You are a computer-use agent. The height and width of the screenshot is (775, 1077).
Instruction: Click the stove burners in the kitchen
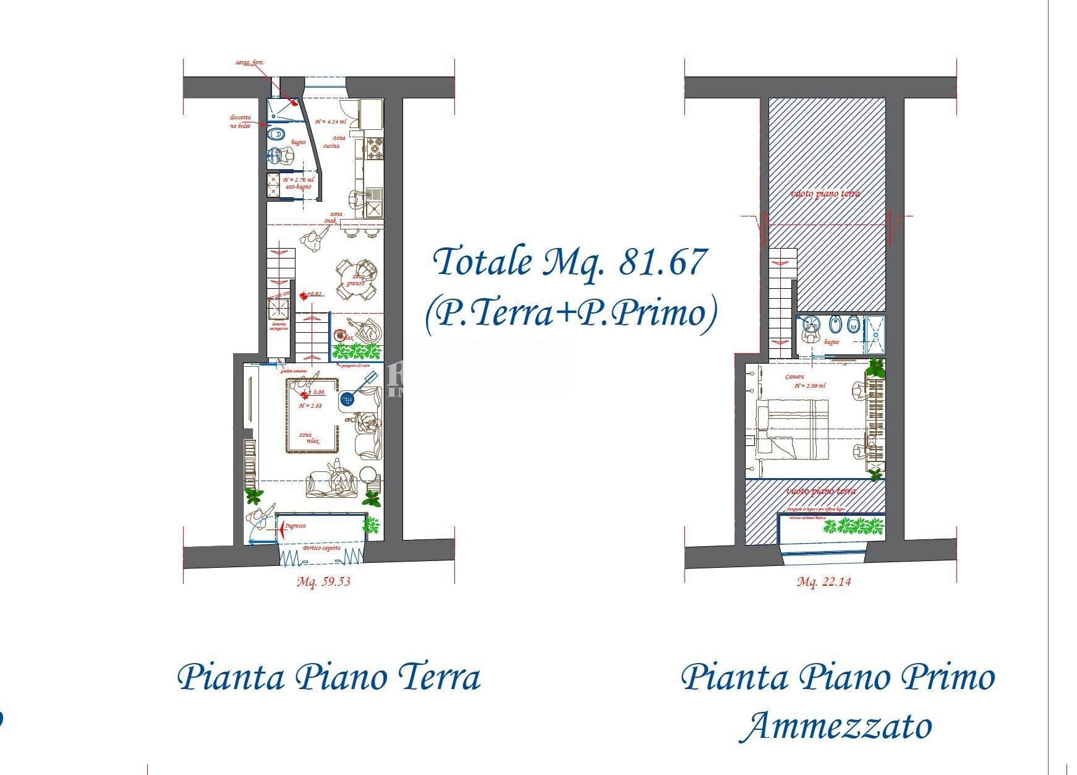[375, 147]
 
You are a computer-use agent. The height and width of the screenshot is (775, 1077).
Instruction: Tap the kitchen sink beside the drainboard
[375, 209]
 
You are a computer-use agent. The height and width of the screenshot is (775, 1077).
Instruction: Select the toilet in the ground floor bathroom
[276, 133]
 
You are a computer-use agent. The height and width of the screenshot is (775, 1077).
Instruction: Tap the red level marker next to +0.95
[304, 296]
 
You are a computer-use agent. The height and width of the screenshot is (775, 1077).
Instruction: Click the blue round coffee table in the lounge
[347, 400]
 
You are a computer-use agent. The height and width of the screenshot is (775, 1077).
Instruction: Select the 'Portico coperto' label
[321, 549]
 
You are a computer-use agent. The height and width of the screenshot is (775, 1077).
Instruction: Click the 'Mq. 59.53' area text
[323, 581]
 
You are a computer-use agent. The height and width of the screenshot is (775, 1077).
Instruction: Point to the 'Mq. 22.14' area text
[824, 581]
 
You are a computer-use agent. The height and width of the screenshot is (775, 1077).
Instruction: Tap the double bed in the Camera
[793, 429]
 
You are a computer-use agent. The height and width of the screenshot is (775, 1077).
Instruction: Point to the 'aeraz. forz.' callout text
[250, 62]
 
